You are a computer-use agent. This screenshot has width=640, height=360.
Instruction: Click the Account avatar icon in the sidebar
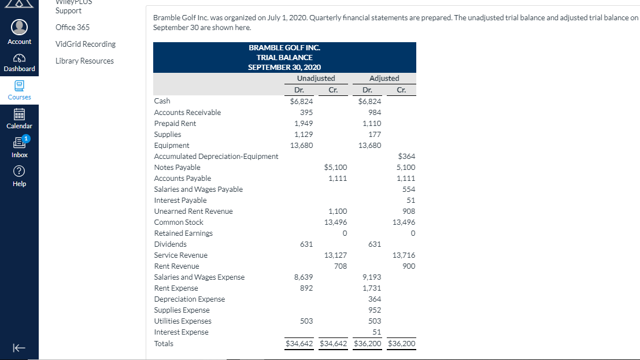coord(19,27)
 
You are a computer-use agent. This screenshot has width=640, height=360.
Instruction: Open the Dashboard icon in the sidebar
coord(19,58)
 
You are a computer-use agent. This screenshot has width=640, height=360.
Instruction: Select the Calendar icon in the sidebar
coord(19,114)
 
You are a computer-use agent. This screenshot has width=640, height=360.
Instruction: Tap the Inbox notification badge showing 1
coord(25,139)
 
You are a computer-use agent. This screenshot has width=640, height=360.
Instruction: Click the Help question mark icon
coord(19,171)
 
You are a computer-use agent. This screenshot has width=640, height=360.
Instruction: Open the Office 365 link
coord(73,27)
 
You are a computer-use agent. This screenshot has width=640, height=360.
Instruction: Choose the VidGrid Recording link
coord(86,44)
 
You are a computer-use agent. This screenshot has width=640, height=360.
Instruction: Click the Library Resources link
coord(84,61)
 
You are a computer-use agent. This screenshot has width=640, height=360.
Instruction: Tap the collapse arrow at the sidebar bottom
coord(19,348)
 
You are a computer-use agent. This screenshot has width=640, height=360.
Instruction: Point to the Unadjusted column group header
coord(316,79)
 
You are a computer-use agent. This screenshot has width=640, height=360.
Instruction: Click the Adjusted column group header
coord(384,79)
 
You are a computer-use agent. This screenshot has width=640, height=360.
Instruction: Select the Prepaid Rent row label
coord(175,123)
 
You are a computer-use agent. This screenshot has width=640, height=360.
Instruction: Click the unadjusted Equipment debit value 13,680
coord(302,145)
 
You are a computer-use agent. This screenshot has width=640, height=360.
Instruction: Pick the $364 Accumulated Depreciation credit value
coord(406,157)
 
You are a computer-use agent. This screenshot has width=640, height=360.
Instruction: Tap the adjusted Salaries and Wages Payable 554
coord(409,190)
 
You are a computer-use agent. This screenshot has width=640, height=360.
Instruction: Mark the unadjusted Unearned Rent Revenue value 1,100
coord(338,211)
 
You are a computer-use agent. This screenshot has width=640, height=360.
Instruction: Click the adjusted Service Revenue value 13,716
coord(404,255)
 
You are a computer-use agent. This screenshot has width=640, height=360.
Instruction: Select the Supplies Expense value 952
coord(375,310)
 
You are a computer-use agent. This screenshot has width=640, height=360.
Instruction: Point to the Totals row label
coord(164,344)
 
